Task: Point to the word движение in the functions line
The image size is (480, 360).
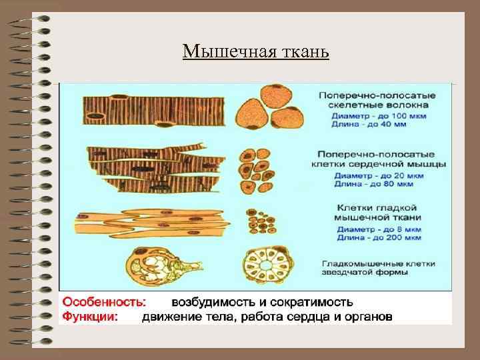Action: point(172,316)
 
